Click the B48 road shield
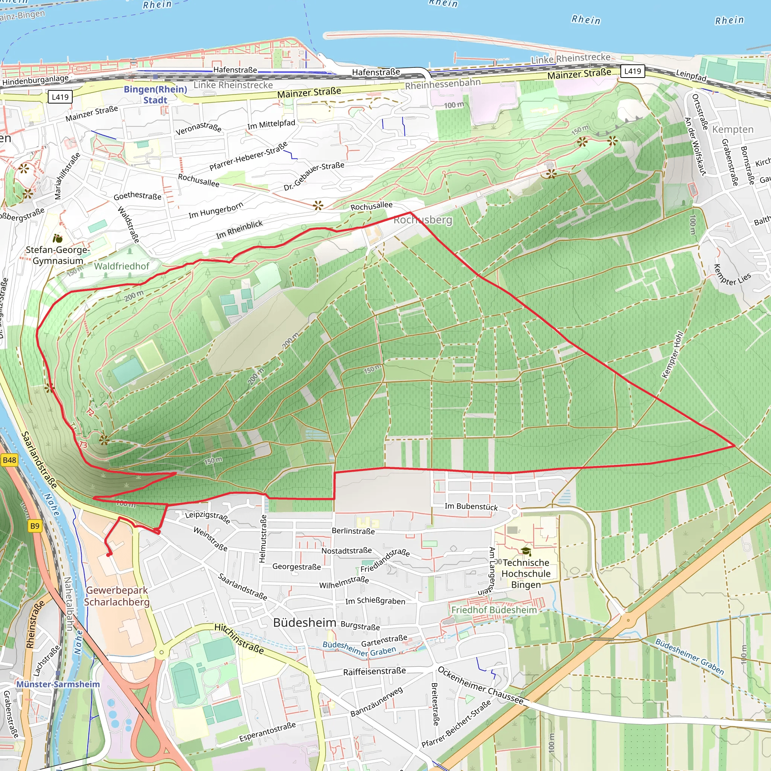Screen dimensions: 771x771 point(9,460)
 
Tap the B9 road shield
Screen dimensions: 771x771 point(35,526)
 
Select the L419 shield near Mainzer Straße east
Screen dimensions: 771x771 point(632,72)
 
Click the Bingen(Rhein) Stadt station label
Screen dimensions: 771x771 point(155,94)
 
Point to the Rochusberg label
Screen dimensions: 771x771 point(423,220)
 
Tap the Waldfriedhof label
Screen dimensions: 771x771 point(121,266)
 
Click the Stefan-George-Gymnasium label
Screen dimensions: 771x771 point(58,255)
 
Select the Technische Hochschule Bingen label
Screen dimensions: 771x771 point(526,573)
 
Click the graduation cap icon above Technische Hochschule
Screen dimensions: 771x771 point(526,552)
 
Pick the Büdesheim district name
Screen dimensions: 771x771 point(305,623)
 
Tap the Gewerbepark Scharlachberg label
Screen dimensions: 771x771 point(117,596)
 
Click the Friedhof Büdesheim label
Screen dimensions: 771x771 point(494,610)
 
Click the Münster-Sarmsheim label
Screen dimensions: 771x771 point(58,684)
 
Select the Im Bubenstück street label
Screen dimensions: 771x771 point(471,506)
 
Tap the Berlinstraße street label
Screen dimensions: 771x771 point(353,531)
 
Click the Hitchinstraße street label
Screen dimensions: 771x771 point(239,638)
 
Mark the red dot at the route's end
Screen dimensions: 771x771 point(108,555)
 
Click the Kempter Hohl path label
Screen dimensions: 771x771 point(672,354)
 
